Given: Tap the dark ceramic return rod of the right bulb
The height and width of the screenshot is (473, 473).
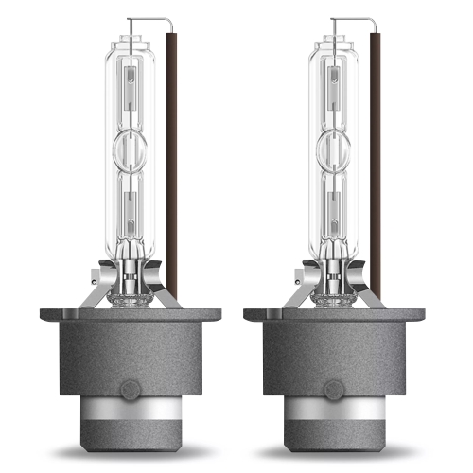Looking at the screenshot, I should pos(376,161).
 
